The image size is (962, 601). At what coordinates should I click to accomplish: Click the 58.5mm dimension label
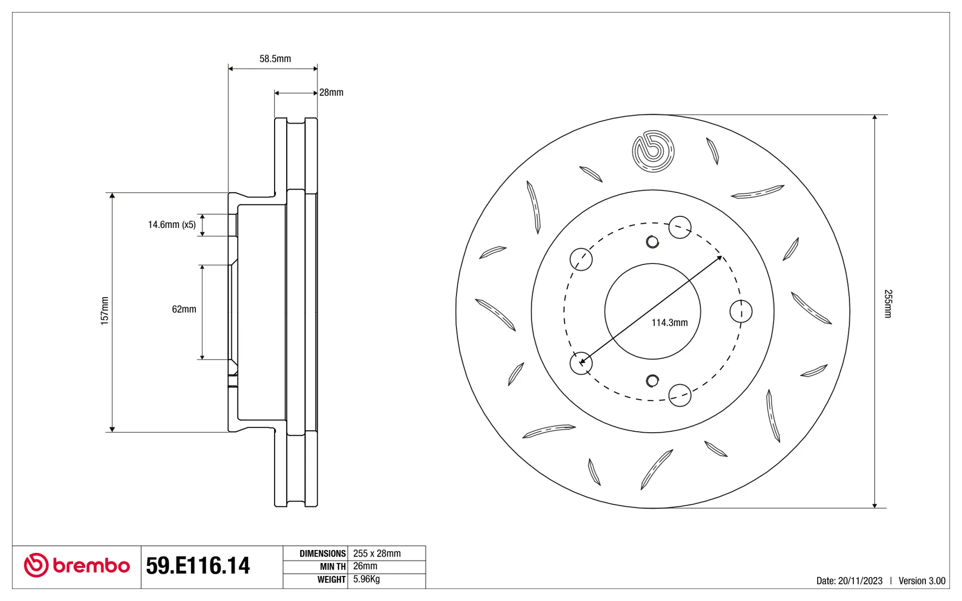(x=275, y=59)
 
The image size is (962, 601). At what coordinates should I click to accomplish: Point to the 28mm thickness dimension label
(x=331, y=93)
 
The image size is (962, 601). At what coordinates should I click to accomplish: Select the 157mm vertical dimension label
(x=105, y=311)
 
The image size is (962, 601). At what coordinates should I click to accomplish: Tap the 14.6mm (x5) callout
(x=172, y=225)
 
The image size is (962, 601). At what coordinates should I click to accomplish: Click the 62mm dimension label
(x=184, y=310)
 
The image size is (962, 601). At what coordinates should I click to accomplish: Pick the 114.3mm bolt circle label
(x=669, y=323)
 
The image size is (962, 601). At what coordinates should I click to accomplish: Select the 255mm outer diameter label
(x=888, y=304)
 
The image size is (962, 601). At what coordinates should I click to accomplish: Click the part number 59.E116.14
(x=198, y=565)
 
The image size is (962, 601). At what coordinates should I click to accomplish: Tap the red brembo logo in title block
(x=77, y=565)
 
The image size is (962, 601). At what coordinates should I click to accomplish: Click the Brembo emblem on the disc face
(x=653, y=151)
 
